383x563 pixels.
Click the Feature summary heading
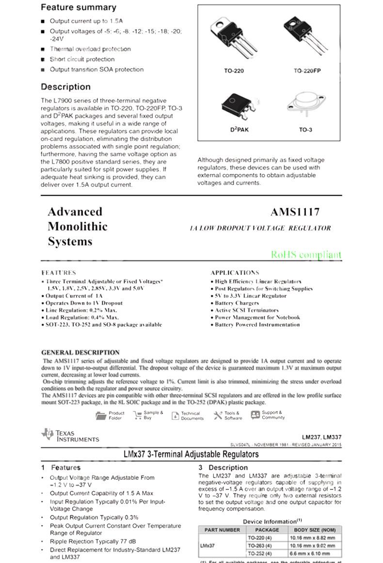pos(79,8)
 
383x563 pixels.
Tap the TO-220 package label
pos(234,71)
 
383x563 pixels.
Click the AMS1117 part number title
pos(295,212)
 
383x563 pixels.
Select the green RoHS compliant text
pos(306,255)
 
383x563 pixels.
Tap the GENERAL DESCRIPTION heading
pos(80,352)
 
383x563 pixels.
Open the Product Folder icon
pos(101,415)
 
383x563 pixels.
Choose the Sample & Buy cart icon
pos(137,415)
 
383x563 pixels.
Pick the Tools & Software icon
pos(218,415)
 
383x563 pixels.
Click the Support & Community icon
pos(255,415)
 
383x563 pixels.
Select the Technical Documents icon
pos(176,415)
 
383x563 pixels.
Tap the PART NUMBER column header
pos(222,530)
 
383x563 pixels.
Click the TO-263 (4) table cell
pos(260,546)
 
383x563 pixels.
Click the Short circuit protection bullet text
pos(82,60)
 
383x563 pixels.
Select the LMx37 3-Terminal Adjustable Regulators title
pos(191,454)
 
